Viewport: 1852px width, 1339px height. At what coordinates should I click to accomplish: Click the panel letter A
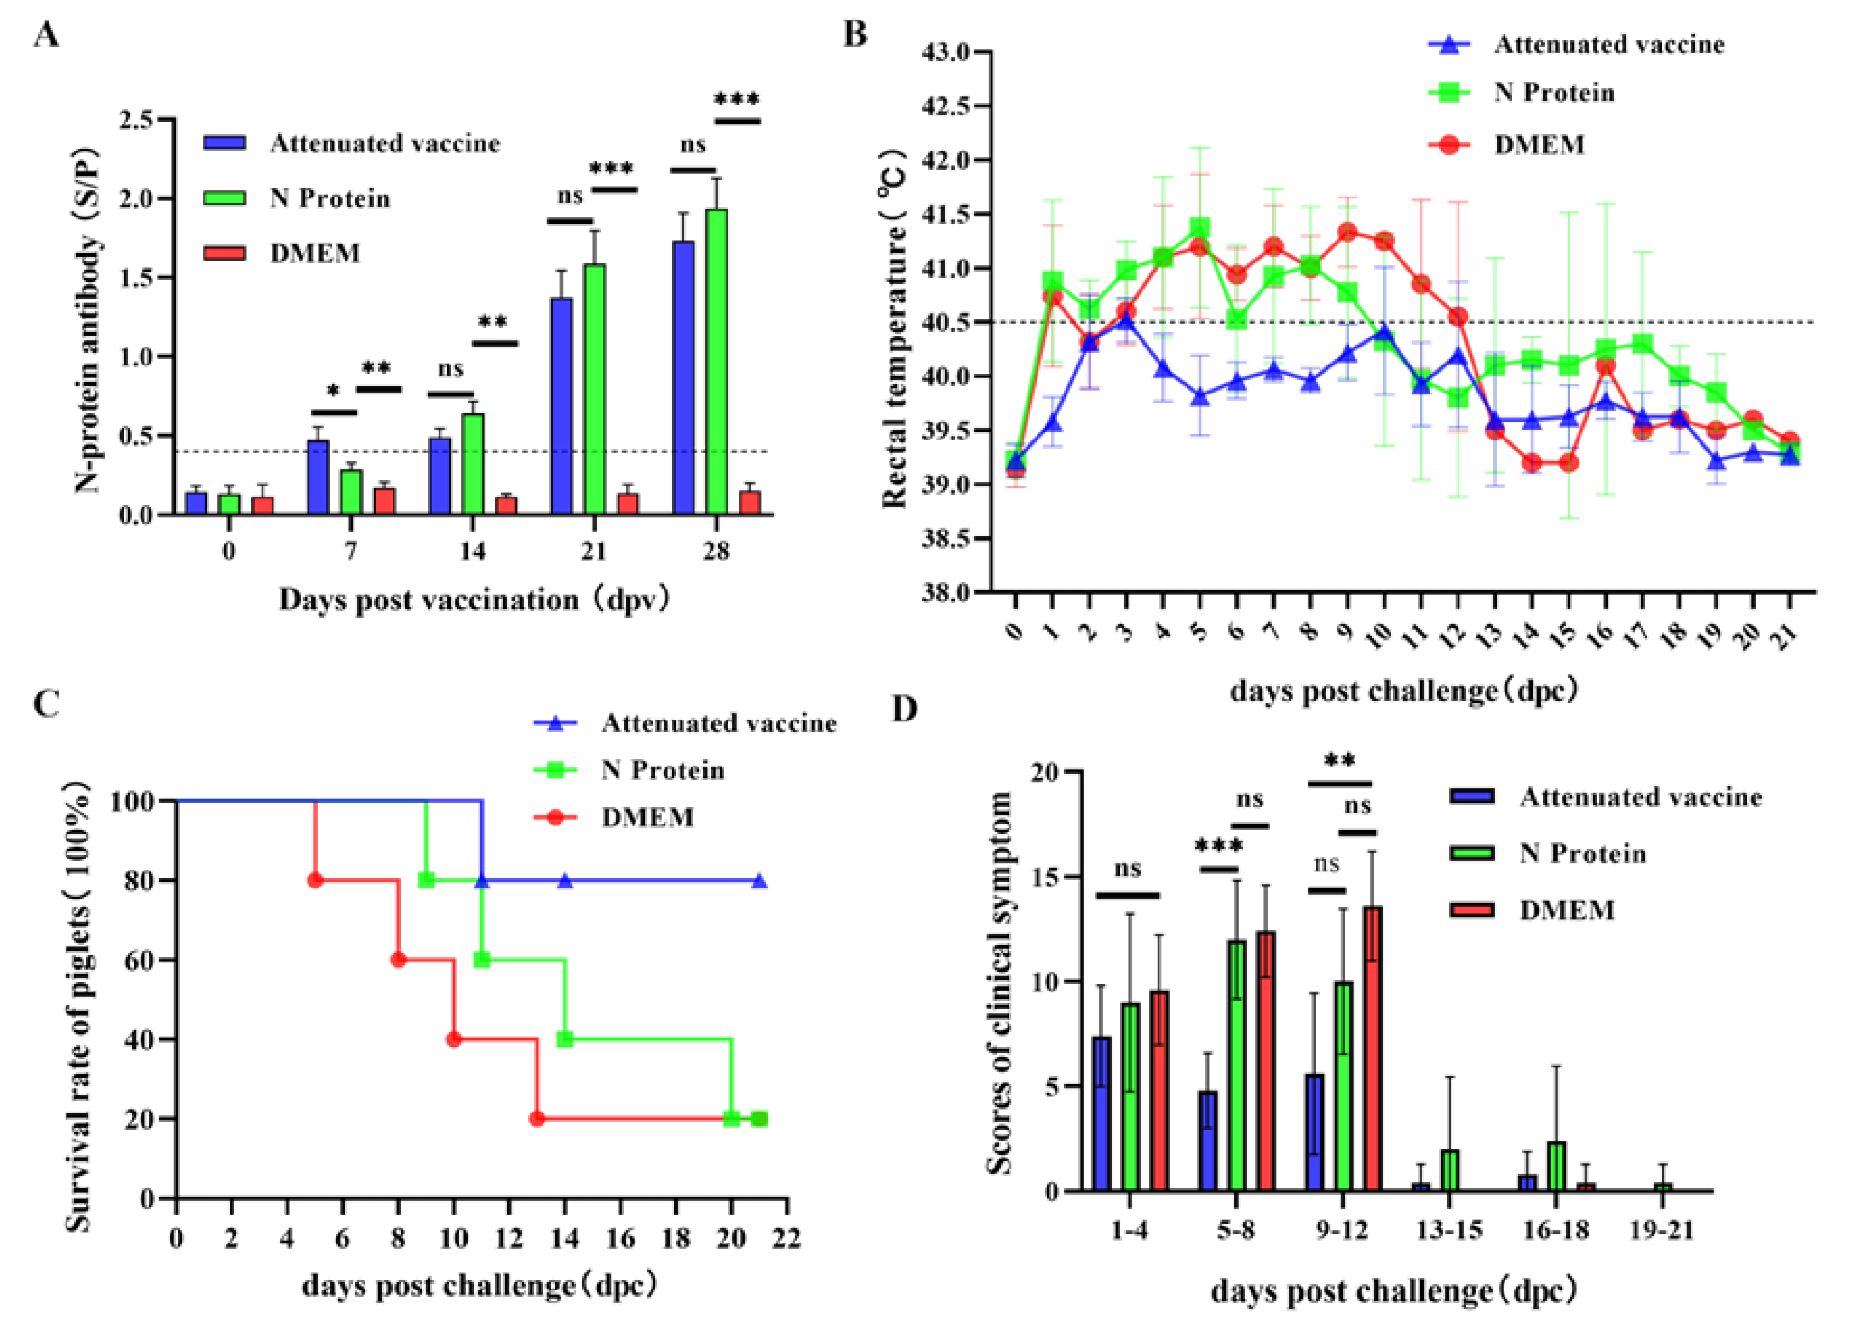click(x=47, y=36)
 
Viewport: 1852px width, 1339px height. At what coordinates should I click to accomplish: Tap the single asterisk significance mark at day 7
click(x=333, y=393)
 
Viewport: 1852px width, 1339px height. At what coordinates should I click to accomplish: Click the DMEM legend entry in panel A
click(x=314, y=253)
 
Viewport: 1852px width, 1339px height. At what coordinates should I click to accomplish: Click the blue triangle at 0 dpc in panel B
click(x=1015, y=461)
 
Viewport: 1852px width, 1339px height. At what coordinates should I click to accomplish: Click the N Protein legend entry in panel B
click(x=1554, y=92)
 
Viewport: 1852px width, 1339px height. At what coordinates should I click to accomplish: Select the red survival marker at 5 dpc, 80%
click(x=315, y=880)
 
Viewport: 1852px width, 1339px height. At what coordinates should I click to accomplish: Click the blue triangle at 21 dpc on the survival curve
click(x=759, y=881)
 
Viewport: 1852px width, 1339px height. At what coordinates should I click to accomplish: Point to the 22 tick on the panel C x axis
click(x=786, y=1239)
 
